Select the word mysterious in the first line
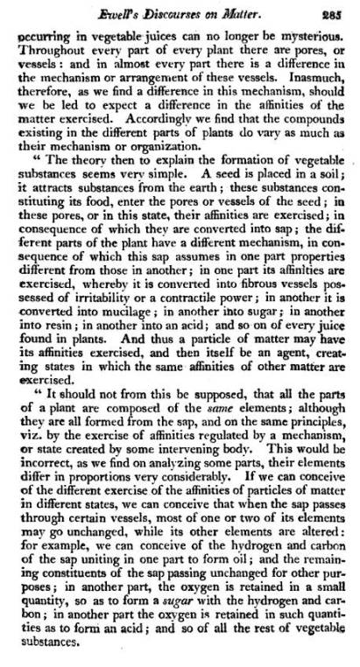pos(314,38)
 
